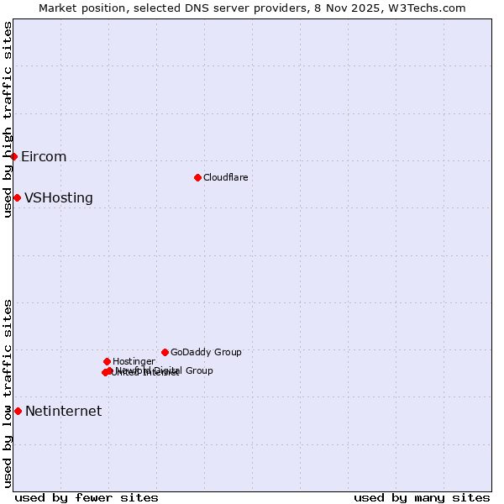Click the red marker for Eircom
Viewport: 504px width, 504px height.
pos(14,156)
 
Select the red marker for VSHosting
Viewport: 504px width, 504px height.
pos(17,197)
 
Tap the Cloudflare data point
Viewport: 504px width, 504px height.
pos(197,177)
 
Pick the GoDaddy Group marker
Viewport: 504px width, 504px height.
pos(165,352)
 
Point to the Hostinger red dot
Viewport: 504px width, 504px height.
pos(107,361)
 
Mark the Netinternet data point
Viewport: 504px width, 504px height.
pos(18,411)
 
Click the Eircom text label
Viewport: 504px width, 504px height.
pos(44,157)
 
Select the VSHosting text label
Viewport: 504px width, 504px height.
pos(59,198)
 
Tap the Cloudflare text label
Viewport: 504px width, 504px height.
pos(226,177)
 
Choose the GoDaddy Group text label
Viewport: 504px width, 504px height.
pos(206,352)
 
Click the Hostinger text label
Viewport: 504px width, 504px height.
pos(134,361)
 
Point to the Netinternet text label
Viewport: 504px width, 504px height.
pos(63,412)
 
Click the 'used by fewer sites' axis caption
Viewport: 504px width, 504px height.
pos(87,498)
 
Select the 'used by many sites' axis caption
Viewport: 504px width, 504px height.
pos(422,498)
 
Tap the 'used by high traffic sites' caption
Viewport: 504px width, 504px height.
pos(8,119)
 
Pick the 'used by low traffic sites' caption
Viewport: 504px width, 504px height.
pos(8,393)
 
